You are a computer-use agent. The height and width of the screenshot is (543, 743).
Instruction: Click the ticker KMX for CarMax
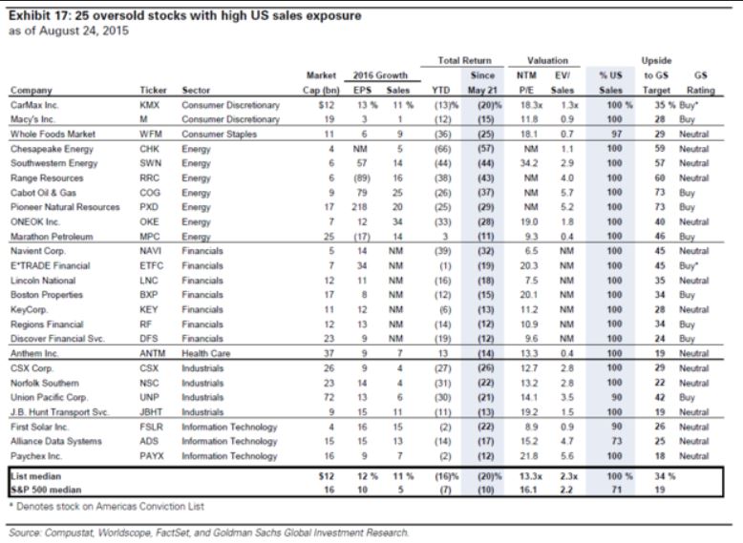click(149, 105)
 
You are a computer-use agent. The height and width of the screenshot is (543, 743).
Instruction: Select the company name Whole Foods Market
click(53, 135)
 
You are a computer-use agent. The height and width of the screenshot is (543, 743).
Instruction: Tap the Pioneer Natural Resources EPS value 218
click(362, 207)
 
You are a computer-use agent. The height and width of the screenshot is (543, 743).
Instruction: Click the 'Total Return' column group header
click(464, 60)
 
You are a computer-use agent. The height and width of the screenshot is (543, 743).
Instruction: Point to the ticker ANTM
click(152, 354)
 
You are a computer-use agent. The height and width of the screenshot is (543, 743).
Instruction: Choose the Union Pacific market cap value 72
click(329, 397)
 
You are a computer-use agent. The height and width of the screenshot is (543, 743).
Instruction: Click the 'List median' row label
click(36, 476)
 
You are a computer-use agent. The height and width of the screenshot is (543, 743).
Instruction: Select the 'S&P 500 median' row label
click(46, 490)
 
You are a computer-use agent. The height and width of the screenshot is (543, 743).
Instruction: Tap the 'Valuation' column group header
click(547, 60)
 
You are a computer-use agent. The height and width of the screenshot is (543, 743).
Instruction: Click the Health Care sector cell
click(205, 354)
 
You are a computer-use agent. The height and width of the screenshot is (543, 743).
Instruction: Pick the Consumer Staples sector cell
click(219, 135)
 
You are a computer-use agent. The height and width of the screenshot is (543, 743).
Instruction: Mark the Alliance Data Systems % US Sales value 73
click(616, 441)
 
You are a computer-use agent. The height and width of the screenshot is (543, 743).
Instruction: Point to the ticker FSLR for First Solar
click(151, 427)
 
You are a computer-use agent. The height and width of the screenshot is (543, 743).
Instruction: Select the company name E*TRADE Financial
click(51, 266)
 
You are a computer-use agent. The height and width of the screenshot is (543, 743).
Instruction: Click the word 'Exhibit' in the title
click(30, 15)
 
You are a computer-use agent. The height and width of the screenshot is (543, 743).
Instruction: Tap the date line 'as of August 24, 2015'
click(69, 31)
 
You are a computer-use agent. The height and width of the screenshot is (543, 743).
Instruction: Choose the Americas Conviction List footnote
click(107, 507)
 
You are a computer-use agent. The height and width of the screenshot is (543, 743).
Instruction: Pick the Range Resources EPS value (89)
click(362, 178)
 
